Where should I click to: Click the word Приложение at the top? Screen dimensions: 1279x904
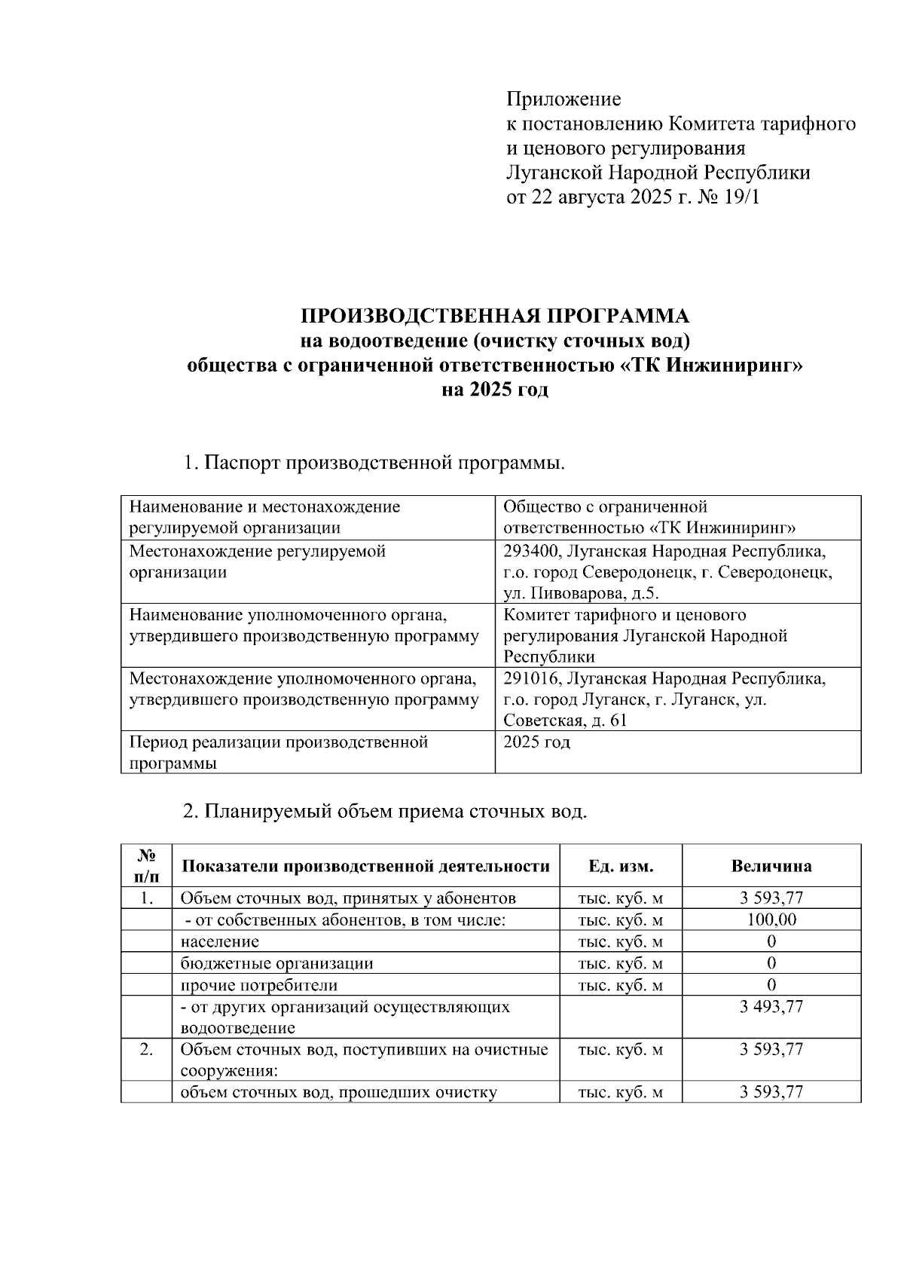[563, 99]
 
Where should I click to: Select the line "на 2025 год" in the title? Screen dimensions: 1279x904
[495, 390]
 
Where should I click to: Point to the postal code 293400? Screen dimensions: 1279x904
[531, 551]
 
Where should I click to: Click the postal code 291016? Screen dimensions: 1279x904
[531, 678]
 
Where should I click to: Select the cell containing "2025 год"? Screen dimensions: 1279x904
[537, 742]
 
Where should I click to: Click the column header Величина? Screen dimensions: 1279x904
[771, 866]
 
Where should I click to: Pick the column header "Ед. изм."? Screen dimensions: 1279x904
[620, 866]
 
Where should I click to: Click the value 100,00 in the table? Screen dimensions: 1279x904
[771, 919]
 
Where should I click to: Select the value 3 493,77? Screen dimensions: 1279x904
[771, 1006]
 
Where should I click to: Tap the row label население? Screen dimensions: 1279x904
[220, 941]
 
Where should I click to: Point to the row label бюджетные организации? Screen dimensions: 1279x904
[276, 963]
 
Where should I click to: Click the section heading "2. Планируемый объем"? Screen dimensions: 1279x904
[385, 812]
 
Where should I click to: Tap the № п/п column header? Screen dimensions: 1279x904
[146, 866]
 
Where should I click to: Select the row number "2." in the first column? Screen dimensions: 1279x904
[146, 1049]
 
